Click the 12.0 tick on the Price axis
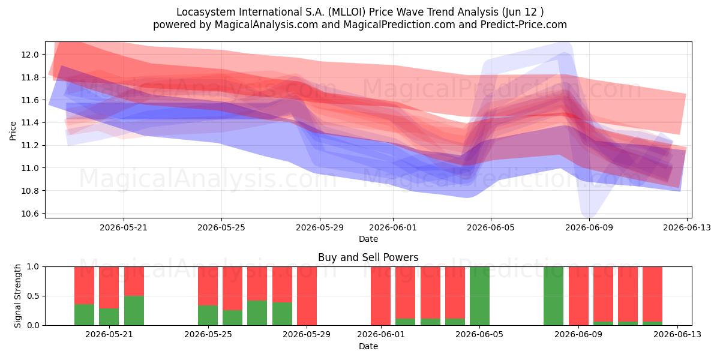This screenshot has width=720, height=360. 29,55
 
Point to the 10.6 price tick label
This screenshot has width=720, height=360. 29,214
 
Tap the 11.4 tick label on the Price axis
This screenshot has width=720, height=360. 29,123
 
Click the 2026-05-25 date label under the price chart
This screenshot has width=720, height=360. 221,227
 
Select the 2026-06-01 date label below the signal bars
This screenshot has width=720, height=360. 381,334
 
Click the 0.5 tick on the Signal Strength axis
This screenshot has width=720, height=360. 33,296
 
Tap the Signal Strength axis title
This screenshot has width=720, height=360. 17,296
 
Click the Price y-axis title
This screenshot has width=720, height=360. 13,131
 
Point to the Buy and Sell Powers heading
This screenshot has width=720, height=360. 368,257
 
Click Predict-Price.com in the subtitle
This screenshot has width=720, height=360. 523,25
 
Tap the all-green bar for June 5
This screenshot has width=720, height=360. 479,296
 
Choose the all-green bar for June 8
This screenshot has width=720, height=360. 553,296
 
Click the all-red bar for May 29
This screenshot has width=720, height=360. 307,296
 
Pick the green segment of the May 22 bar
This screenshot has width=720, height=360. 134,311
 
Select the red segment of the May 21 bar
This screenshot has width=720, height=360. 109,287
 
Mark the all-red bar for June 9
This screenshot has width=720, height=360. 578,296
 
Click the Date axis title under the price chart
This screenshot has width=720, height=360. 368,239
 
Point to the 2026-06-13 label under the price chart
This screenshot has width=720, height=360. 687,227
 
